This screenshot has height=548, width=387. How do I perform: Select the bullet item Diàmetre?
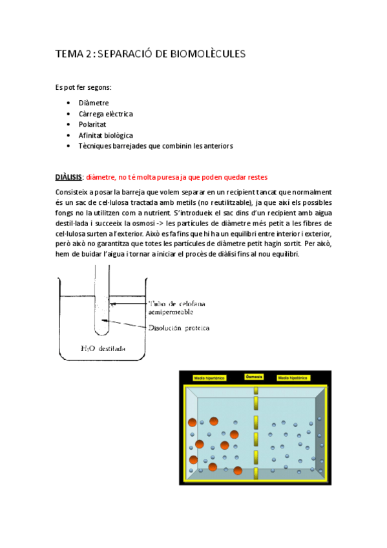[93, 103]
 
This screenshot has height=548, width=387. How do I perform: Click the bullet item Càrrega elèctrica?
[105, 114]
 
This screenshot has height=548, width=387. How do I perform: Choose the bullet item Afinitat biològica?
[105, 136]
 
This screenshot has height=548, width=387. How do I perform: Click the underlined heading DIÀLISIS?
[68, 177]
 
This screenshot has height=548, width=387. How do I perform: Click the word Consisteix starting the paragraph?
[74, 193]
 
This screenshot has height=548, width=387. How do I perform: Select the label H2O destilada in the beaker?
[103, 350]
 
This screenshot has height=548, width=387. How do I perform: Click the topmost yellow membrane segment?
[256, 392]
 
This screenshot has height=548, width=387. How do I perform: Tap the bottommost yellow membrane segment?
[256, 474]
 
